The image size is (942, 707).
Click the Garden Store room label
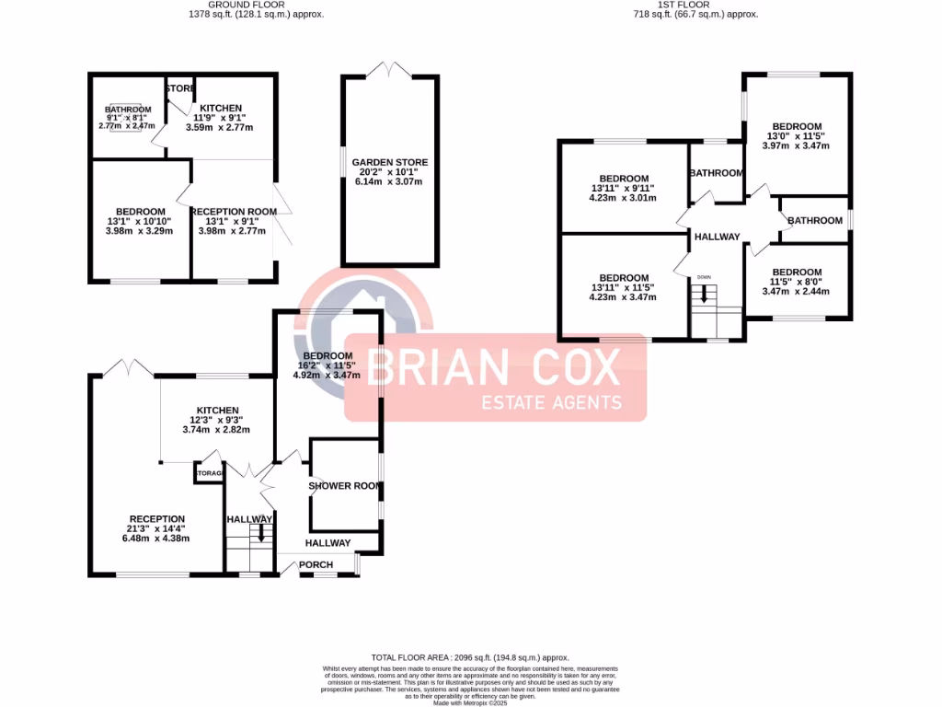tap(390, 162)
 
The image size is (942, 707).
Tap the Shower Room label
tap(345, 485)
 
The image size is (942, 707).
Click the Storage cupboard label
tap(208, 473)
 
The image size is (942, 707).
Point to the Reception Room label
tap(234, 212)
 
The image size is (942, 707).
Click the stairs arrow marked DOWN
tap(706, 294)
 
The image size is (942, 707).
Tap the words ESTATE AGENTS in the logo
tap(553, 402)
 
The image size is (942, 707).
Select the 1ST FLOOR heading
tap(696, 5)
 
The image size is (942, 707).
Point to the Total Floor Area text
tap(470, 658)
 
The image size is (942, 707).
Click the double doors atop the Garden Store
tap(390, 69)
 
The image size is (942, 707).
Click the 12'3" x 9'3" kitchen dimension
tap(216, 420)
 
